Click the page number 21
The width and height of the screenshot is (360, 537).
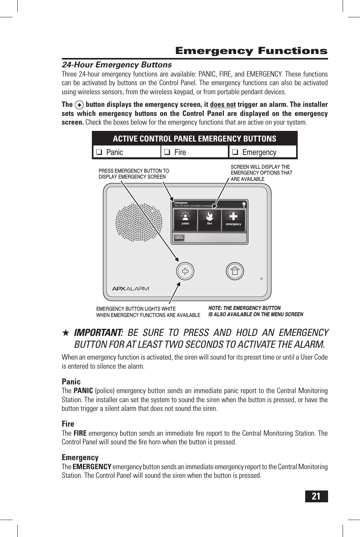316,496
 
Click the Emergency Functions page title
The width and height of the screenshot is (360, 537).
251,51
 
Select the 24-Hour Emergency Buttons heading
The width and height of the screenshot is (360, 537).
117,65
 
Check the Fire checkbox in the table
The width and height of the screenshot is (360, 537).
167,152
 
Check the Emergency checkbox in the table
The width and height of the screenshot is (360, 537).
235,152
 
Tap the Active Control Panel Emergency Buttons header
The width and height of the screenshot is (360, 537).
194,139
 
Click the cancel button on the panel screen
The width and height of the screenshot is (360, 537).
179,238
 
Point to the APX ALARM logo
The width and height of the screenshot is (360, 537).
131,289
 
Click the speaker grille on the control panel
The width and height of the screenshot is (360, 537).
139,222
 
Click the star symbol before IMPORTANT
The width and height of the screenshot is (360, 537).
66,333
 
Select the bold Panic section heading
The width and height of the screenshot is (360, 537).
71,382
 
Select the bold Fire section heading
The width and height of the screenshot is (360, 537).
68,424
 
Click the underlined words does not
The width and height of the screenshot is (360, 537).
223,104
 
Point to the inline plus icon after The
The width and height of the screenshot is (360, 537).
79,105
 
